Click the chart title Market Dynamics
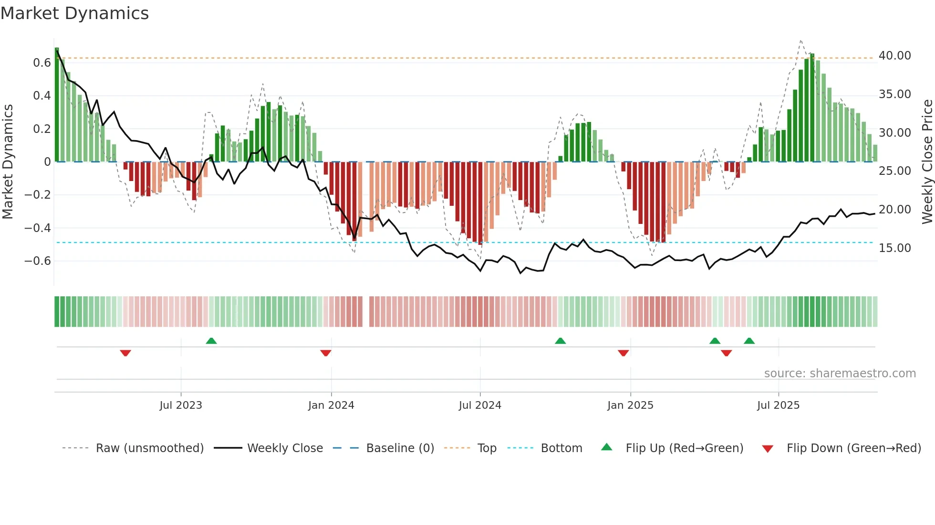tap(74, 13)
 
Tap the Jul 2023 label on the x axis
tap(181, 405)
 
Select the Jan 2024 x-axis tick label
tap(331, 405)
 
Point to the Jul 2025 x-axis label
tap(778, 405)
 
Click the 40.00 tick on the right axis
tap(894, 56)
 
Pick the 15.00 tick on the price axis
tap(894, 248)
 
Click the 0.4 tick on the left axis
tap(42, 96)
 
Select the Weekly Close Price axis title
tap(927, 162)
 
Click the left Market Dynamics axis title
tap(8, 162)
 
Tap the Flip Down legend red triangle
tap(768, 449)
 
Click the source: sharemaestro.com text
tap(840, 374)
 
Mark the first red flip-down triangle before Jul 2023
tap(125, 353)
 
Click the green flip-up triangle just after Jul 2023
tap(211, 341)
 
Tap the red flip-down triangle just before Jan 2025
tap(623, 353)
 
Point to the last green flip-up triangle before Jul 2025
tap(749, 341)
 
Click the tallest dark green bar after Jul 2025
tap(812, 107)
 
